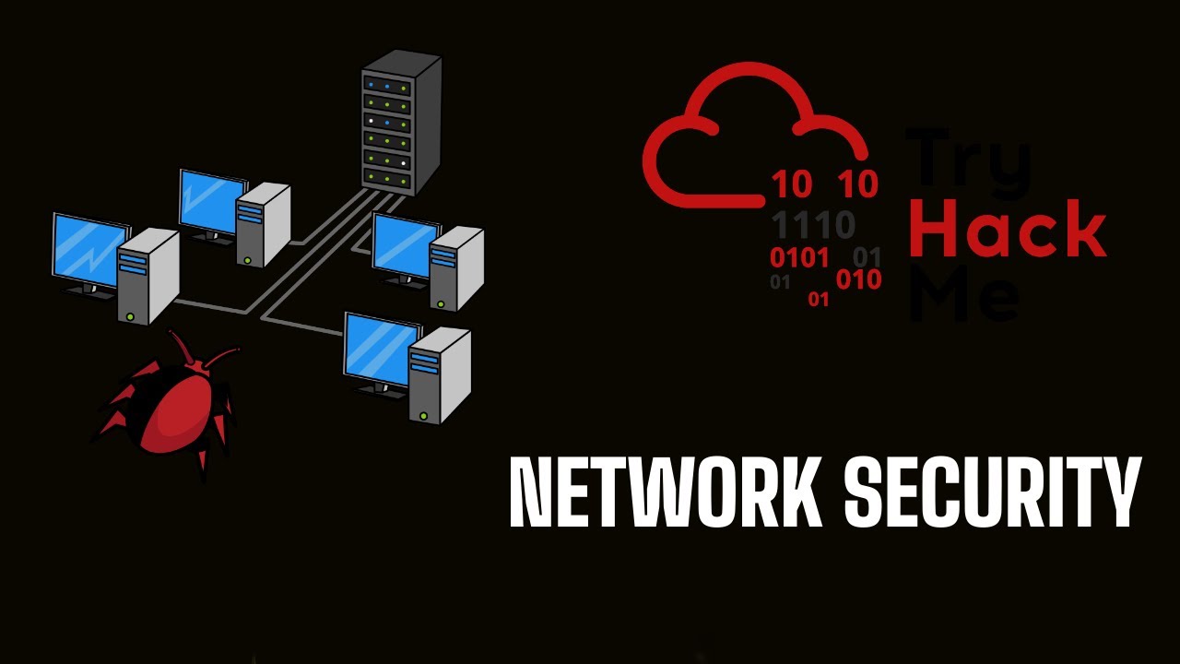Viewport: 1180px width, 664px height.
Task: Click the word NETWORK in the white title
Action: click(665, 492)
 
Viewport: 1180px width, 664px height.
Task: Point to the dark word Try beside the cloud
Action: click(968, 161)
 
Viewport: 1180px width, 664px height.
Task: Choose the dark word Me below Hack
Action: click(964, 293)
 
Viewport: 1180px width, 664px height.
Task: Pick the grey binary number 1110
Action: click(813, 224)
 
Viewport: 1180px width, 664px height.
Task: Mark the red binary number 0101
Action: click(800, 257)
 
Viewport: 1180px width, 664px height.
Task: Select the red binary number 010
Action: click(858, 279)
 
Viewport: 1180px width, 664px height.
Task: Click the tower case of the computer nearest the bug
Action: click(147, 277)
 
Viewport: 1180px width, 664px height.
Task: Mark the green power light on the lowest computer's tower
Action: click(423, 416)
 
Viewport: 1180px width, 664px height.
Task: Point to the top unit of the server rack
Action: click(386, 86)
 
